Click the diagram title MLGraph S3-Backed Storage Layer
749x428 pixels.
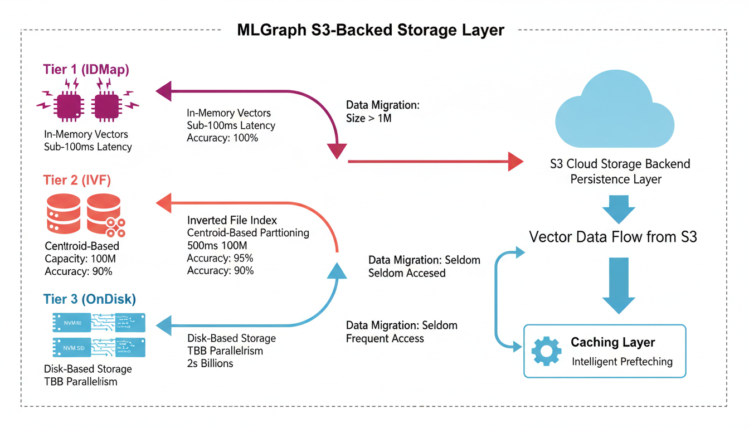(371, 30)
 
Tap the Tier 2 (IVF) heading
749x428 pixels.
(77, 180)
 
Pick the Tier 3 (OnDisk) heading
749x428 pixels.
(89, 299)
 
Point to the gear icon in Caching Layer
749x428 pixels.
(546, 351)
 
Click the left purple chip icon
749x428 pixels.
(69, 104)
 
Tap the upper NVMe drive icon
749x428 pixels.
(99, 323)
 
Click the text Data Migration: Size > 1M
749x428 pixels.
(382, 111)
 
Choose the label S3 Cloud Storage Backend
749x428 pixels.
(619, 164)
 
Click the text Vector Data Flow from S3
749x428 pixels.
(612, 236)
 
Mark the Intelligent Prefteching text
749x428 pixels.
(622, 362)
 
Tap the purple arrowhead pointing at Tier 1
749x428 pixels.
(163, 91)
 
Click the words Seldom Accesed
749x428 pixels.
(407, 273)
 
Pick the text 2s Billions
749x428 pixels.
(210, 363)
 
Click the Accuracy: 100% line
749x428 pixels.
(222, 138)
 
